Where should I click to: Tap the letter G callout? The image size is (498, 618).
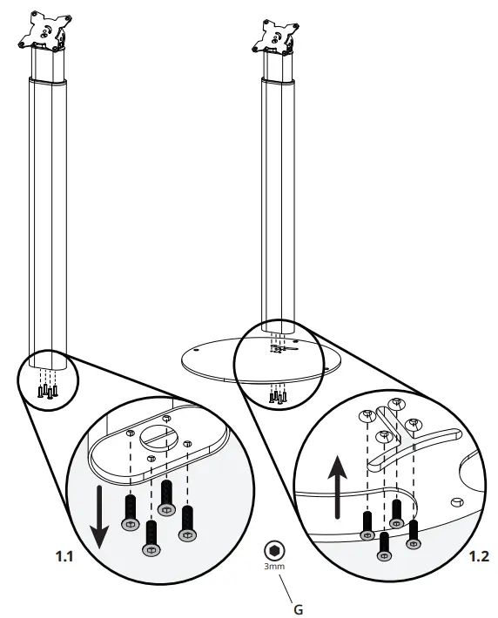point(299,609)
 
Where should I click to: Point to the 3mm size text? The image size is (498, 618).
point(275,567)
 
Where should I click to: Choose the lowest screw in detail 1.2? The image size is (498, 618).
point(384,545)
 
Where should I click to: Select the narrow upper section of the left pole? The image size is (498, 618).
point(48,61)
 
